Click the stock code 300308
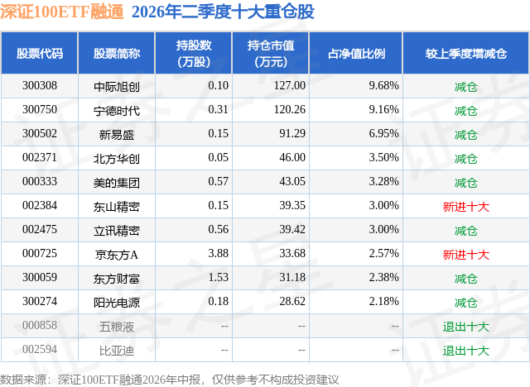tap(40, 86)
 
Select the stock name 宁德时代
tap(117, 111)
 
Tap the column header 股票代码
tap(40, 53)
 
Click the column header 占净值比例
tap(356, 53)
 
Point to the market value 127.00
tap(290, 86)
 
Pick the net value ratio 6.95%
tap(383, 134)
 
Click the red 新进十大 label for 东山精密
tap(466, 207)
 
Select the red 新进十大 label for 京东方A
tap(466, 255)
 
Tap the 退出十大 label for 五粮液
tap(466, 327)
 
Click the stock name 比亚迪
tap(117, 351)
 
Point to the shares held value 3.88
tap(219, 253)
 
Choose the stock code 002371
tap(40, 158)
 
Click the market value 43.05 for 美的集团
tap(292, 182)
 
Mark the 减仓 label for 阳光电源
tap(466, 303)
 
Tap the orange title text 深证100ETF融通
tap(62, 12)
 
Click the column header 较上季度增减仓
tap(466, 53)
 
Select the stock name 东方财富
tap(117, 279)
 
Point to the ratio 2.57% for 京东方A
tap(383, 253)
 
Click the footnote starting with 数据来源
tap(169, 380)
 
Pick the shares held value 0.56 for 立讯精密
tap(219, 229)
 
